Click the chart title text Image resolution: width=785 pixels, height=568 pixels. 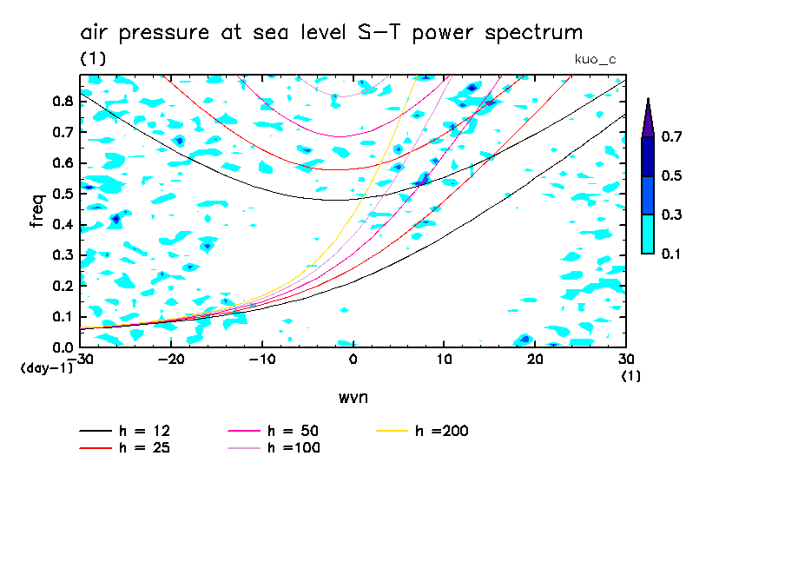331,33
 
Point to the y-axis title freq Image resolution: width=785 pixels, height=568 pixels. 37,210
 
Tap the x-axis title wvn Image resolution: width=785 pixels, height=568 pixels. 353,397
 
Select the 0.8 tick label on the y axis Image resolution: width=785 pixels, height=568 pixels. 63,101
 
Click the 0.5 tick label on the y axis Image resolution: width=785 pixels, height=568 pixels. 63,194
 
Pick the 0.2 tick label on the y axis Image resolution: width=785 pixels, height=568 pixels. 63,286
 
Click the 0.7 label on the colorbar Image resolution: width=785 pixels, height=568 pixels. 671,136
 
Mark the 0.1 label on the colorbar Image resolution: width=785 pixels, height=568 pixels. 671,254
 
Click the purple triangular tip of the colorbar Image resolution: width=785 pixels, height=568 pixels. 648,118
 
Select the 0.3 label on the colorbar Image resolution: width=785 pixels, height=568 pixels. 671,215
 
